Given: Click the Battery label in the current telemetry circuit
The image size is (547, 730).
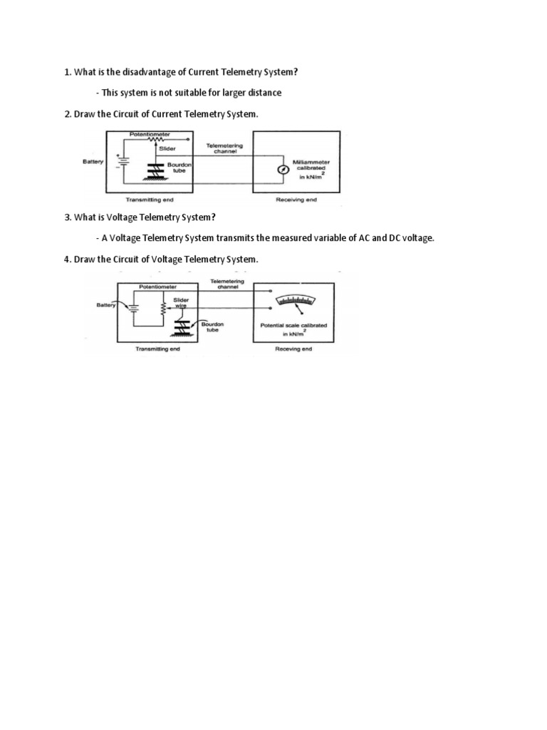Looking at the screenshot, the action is point(93,162).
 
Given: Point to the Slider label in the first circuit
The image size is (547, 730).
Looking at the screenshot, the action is point(167,148).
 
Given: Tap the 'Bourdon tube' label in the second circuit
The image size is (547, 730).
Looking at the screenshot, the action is point(212,327).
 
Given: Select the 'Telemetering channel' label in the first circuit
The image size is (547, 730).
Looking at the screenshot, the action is point(224,147).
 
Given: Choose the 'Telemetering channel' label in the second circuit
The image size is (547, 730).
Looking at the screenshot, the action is point(227,284).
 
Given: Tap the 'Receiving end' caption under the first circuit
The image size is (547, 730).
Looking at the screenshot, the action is point(296,200).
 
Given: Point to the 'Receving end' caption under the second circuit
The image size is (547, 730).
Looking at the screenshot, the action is point(293,349).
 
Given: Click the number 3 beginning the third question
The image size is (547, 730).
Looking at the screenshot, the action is point(67,217).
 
